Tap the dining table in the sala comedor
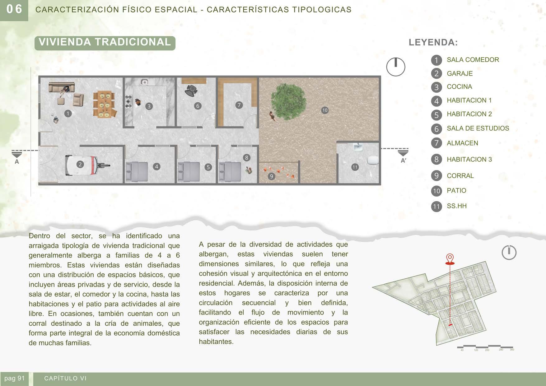(x=104, y=105)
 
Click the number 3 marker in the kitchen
(x=149, y=106)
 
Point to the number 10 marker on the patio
(x=325, y=110)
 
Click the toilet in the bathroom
(x=372, y=160)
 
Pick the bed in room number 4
(x=137, y=171)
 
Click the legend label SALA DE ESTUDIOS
(x=478, y=128)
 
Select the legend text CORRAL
(x=460, y=176)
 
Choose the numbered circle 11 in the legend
(x=436, y=207)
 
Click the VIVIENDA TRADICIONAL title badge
(x=105, y=43)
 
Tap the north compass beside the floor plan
(x=395, y=67)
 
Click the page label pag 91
(x=14, y=379)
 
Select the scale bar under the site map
(x=485, y=347)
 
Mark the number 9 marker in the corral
(x=271, y=176)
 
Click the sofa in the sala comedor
(x=62, y=87)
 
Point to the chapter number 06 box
(x=14, y=10)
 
